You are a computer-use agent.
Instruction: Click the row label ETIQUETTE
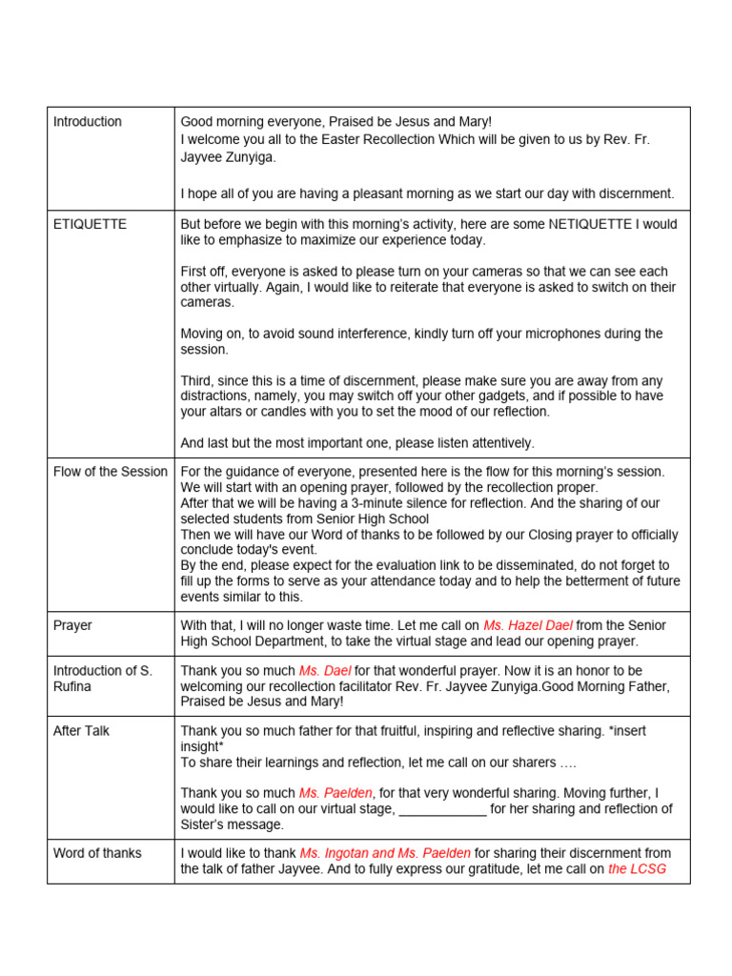click(90, 224)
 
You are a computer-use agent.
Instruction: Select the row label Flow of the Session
click(110, 471)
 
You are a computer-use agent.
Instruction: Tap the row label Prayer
click(72, 625)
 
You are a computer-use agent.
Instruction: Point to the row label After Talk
click(81, 730)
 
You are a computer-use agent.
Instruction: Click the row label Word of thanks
click(97, 853)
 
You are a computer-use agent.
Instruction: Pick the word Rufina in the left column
click(76, 686)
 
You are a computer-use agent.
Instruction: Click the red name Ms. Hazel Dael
click(527, 625)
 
